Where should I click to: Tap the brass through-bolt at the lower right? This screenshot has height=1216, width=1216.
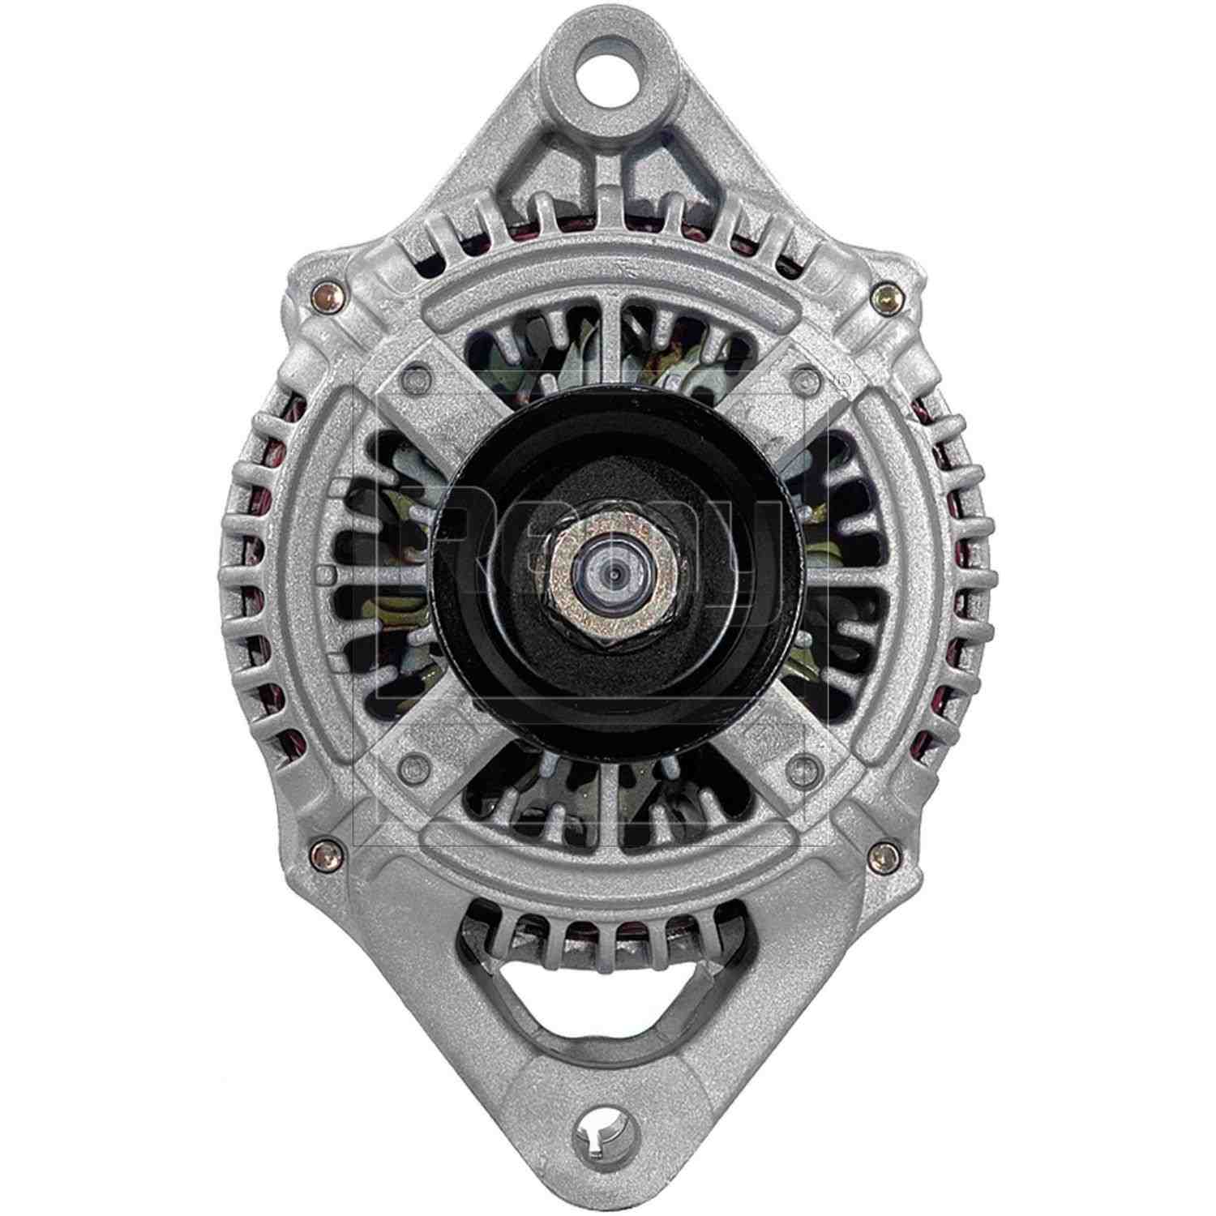pos(885,854)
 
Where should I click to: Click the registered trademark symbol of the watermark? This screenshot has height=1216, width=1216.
pos(844,378)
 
